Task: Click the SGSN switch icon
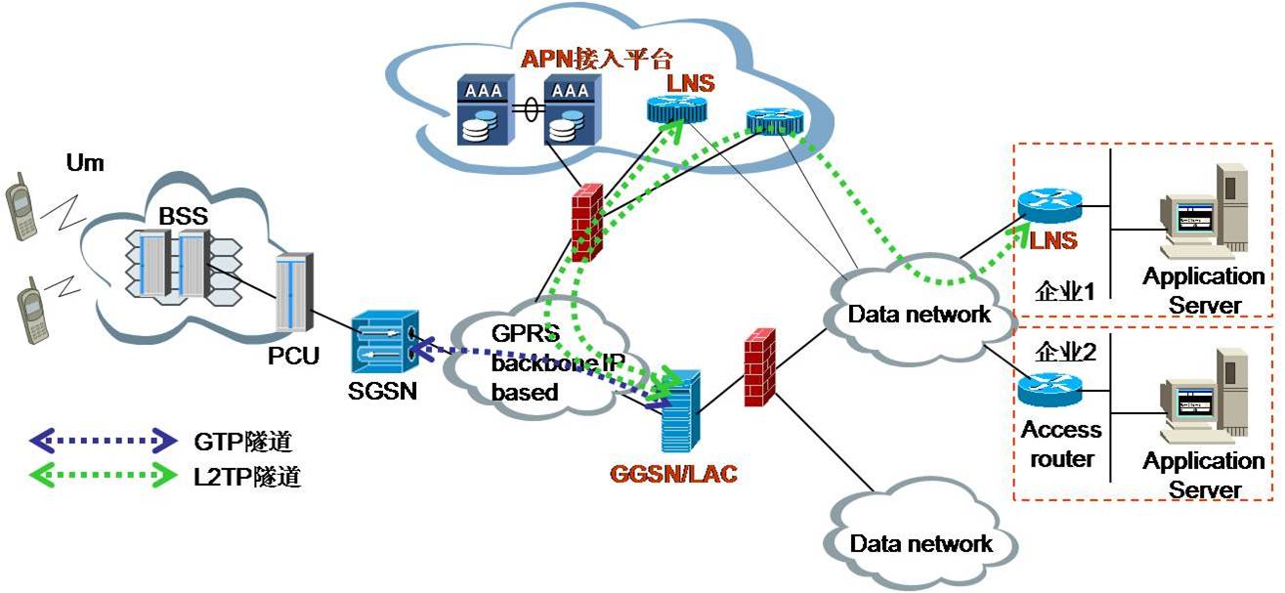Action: [x=385, y=342]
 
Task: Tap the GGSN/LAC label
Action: [x=673, y=474]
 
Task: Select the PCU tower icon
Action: [x=294, y=292]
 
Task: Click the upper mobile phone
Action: [x=21, y=207]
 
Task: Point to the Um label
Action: [x=85, y=163]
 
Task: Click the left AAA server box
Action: [x=486, y=110]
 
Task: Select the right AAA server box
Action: [x=572, y=110]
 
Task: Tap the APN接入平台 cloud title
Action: [x=597, y=59]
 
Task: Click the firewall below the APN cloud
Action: [x=587, y=223]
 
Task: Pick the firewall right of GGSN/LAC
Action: [x=759, y=367]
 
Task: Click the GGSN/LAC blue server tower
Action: [x=680, y=411]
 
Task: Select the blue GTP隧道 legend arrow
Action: [x=104, y=441]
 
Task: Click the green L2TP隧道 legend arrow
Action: [x=104, y=476]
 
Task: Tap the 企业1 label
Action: [x=1065, y=291]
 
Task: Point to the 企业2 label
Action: [x=1065, y=352]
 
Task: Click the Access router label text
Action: [x=1061, y=445]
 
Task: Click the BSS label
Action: [x=183, y=216]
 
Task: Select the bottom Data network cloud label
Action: [x=921, y=544]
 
